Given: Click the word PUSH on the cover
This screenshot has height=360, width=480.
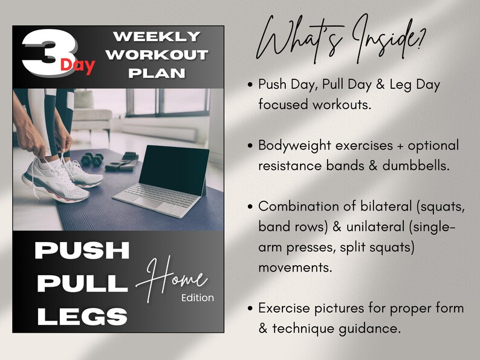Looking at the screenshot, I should [x=82, y=250].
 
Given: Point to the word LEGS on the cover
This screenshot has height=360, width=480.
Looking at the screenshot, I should [x=81, y=316].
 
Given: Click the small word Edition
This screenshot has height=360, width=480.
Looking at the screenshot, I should [x=197, y=298].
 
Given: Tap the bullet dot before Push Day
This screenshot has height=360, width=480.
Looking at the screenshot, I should [x=250, y=85].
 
